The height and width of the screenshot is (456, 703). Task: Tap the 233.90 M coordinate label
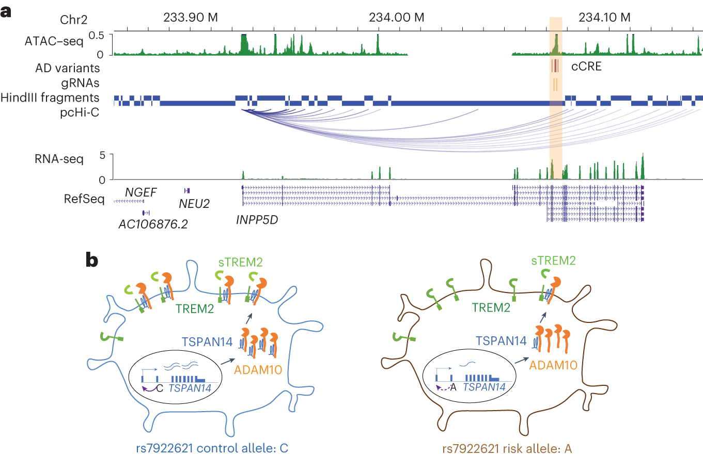pyautogui.click(x=191, y=17)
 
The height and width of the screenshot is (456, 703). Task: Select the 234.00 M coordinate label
pyautogui.click(x=397, y=17)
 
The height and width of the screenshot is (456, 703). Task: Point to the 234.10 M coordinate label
pyautogui.click(x=605, y=17)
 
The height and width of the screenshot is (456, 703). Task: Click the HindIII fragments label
pyautogui.click(x=50, y=97)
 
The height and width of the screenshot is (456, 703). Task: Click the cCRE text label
pyautogui.click(x=586, y=67)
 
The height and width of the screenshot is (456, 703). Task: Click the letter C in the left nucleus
pyautogui.click(x=159, y=387)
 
